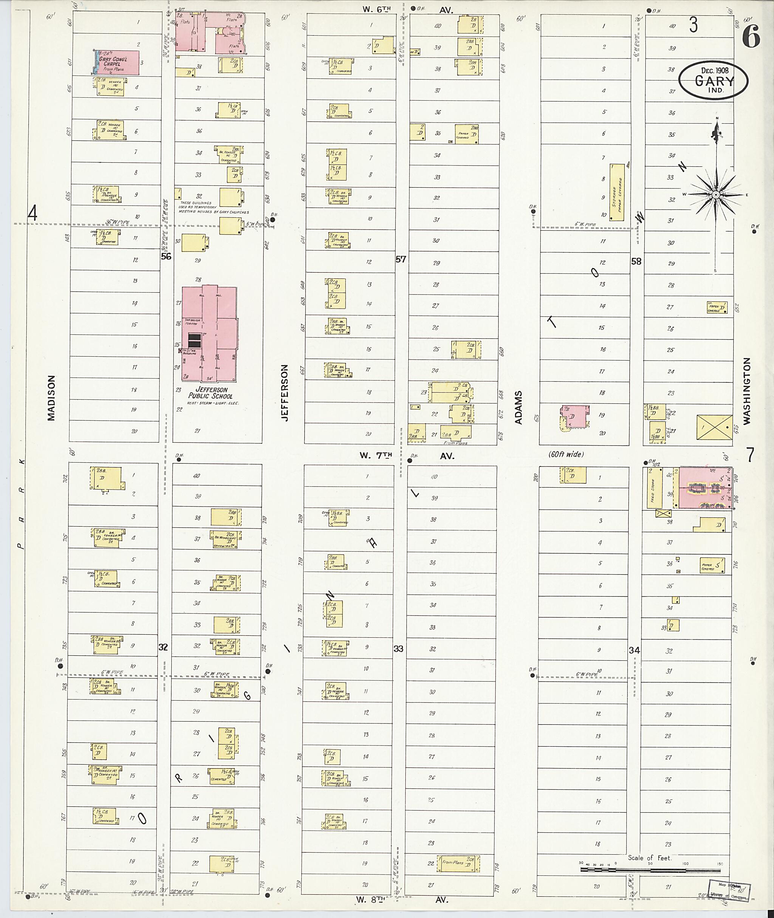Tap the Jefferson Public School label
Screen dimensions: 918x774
[x=211, y=393]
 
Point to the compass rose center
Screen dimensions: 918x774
[x=716, y=194]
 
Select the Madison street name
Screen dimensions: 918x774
[x=52, y=398]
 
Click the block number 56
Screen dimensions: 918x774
[x=166, y=257]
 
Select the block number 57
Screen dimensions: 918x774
[x=401, y=259]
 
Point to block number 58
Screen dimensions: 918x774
[x=636, y=262]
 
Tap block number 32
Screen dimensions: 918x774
[x=163, y=647]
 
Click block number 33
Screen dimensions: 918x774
[x=398, y=649]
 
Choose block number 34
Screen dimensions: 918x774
[x=634, y=650]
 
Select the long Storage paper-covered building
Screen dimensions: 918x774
[x=617, y=192]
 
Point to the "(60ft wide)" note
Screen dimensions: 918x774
[x=566, y=454]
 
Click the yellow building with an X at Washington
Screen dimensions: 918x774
[x=714, y=427]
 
